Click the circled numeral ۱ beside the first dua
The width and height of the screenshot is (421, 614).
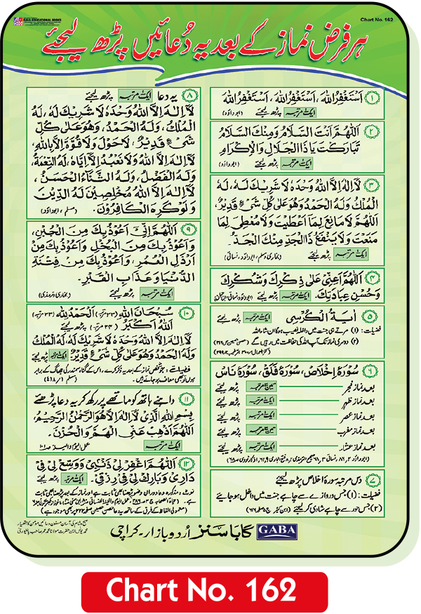(x=389, y=95)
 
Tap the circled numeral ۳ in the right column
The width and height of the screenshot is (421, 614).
(x=389, y=184)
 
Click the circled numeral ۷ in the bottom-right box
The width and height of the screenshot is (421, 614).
(x=389, y=480)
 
